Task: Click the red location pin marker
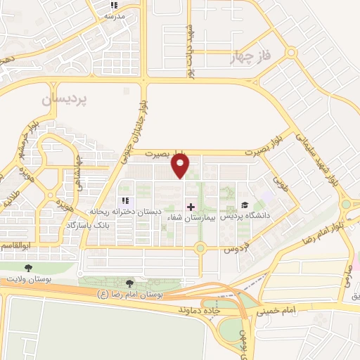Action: [x=181, y=167]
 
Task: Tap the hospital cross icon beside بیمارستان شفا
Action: [x=190, y=206]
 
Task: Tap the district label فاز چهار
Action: [x=250, y=59]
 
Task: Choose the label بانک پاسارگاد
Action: [x=89, y=224]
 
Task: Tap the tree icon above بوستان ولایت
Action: [x=28, y=268]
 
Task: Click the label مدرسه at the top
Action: [x=115, y=15]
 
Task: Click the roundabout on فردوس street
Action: [x=200, y=247]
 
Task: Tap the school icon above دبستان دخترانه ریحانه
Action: [x=125, y=201]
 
